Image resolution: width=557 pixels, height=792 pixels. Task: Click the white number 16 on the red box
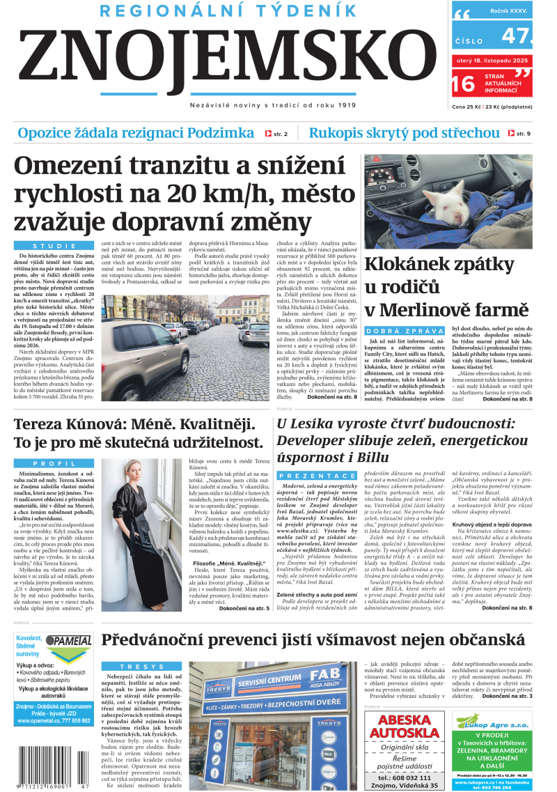pos(463,84)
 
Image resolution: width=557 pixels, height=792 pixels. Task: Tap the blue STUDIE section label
pos(54,246)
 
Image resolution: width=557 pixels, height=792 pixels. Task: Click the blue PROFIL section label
pos(54,463)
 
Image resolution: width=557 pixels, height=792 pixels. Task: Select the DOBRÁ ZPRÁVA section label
pos(404,331)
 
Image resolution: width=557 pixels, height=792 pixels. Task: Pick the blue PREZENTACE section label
pos(307,476)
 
